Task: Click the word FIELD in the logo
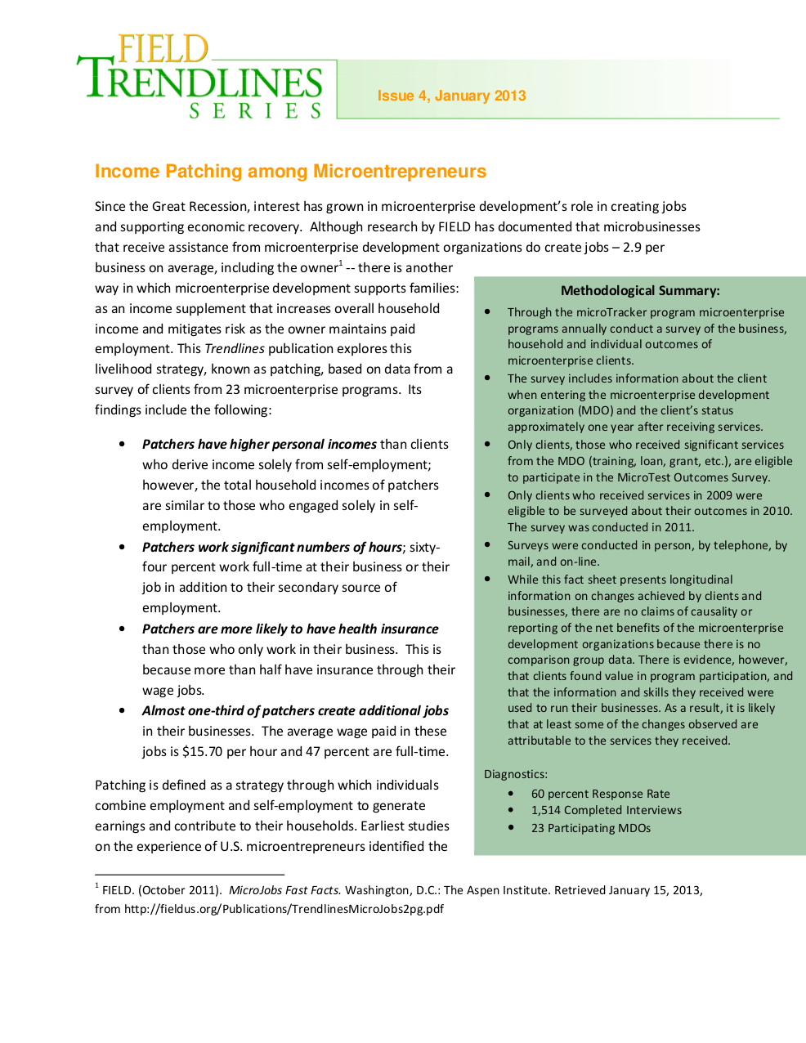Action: (x=163, y=49)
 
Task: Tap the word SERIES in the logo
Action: (x=256, y=110)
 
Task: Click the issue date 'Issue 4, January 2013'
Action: (x=451, y=96)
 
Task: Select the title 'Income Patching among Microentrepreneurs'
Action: (x=290, y=172)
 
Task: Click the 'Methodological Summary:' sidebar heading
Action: (x=640, y=290)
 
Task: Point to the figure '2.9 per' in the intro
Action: (x=643, y=247)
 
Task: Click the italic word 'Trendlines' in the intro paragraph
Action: (x=235, y=349)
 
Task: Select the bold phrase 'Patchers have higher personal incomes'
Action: (x=259, y=444)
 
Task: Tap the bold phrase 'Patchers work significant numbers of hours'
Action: (x=272, y=547)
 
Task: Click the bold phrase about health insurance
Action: (x=290, y=629)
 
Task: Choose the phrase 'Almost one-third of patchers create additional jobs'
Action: (x=295, y=710)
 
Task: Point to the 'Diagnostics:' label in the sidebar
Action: (x=516, y=774)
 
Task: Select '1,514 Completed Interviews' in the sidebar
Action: (x=606, y=810)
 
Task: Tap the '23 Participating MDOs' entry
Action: (x=591, y=828)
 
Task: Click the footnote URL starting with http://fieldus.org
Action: (x=284, y=908)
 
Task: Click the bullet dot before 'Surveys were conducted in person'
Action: (x=487, y=544)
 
